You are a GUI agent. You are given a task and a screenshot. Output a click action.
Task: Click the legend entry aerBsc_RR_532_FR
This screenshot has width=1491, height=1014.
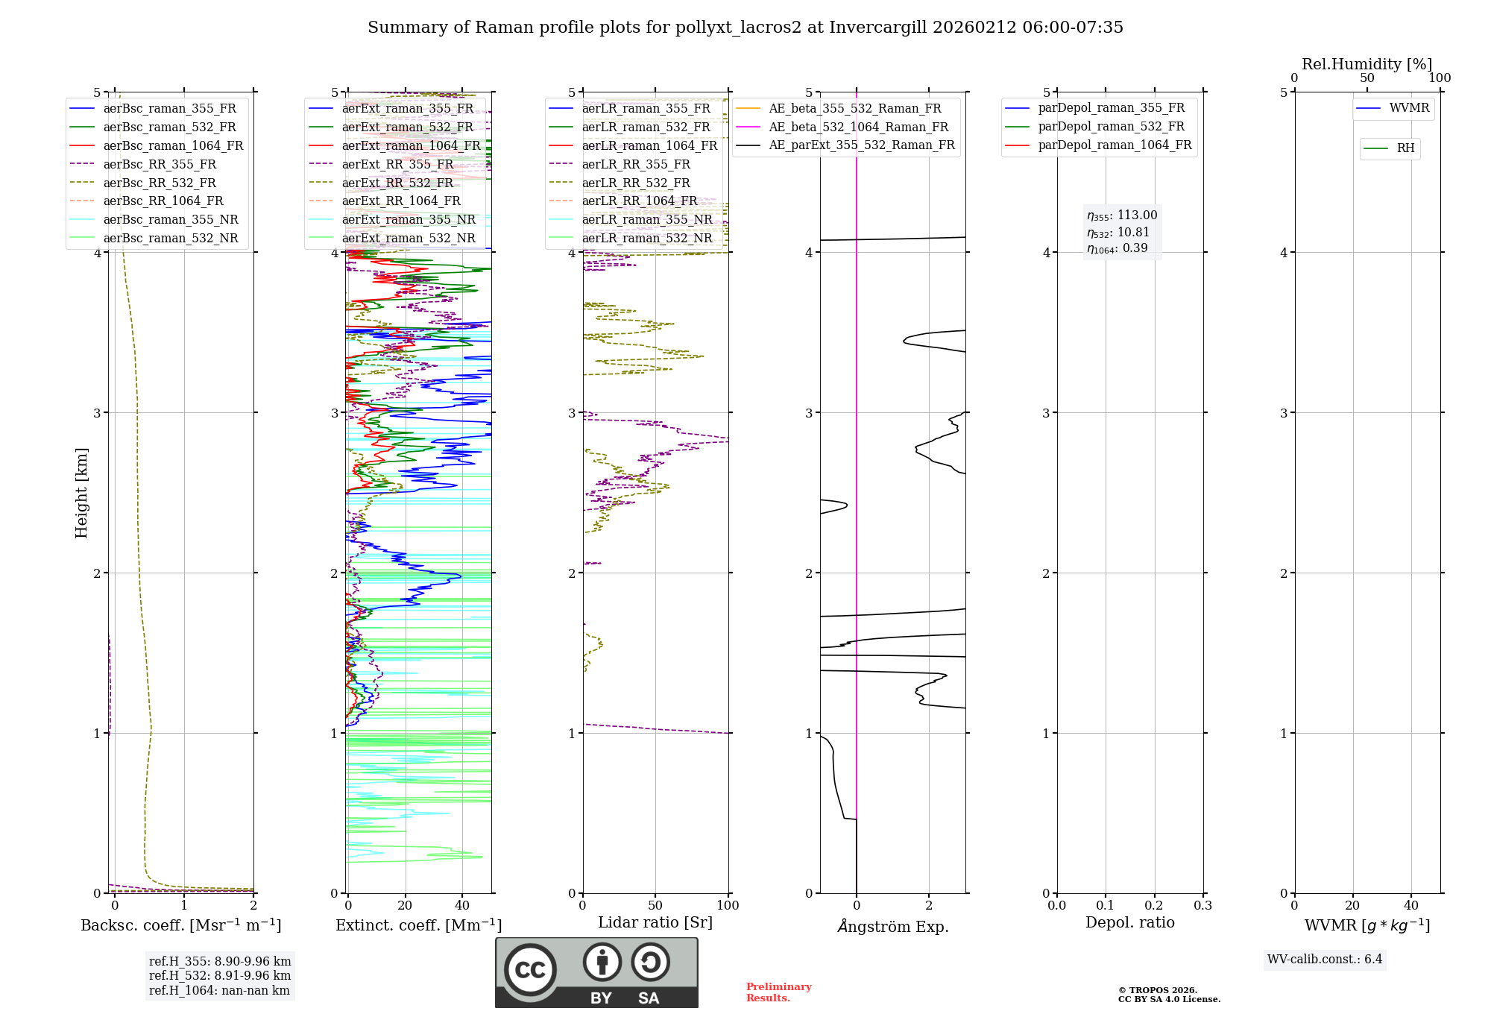159,183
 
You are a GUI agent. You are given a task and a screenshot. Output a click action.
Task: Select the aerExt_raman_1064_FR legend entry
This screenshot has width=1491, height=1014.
411,145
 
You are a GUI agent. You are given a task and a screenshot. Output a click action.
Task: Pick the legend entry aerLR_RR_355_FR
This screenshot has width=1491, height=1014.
635,164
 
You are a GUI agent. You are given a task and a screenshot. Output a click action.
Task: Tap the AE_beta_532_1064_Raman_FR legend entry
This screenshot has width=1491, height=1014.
858,127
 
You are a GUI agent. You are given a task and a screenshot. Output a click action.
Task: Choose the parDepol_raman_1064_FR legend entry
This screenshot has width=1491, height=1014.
1115,145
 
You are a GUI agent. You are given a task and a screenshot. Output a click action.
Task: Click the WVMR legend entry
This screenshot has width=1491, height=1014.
1409,108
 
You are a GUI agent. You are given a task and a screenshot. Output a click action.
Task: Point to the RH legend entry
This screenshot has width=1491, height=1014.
1405,148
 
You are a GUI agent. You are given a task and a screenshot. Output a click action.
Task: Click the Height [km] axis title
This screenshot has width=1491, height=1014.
81,493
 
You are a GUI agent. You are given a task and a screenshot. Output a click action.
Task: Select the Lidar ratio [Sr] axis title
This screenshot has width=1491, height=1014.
655,922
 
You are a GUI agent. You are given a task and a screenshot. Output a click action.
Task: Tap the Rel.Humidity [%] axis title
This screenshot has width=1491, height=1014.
1367,64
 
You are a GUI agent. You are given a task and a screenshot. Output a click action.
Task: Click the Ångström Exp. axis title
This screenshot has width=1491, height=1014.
892,926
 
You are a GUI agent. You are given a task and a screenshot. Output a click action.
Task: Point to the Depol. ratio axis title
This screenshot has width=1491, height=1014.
1129,922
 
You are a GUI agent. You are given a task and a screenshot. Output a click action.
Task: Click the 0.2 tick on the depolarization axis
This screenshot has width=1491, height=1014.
1154,905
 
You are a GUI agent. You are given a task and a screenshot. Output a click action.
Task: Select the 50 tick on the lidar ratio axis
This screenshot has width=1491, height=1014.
655,905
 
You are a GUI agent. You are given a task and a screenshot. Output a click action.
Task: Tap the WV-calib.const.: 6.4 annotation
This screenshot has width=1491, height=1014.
1324,959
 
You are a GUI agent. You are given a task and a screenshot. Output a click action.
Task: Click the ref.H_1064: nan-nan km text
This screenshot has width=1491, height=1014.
219,990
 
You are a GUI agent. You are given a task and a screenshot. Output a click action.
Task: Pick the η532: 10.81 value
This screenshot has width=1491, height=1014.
1118,232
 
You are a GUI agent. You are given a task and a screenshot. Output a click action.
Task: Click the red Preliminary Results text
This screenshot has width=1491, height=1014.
778,992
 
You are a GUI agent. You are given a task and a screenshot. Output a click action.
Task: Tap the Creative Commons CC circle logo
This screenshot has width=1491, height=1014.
530,969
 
